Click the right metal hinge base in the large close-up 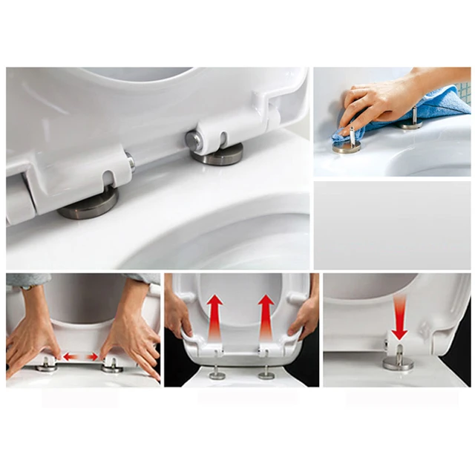(216, 151)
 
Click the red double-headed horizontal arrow (80, 357)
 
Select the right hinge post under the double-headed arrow (112, 364)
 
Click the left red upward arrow (214, 316)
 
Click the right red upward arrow (266, 316)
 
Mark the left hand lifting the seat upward (177, 315)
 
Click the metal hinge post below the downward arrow (399, 360)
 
